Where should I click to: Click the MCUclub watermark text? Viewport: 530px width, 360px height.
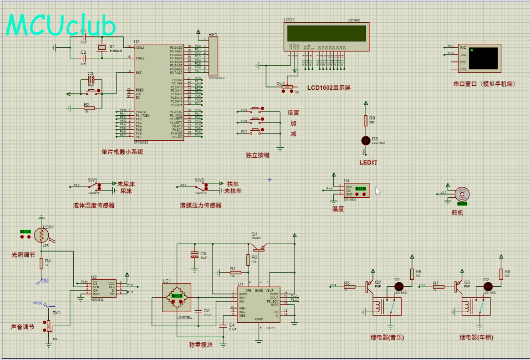(x=61, y=26)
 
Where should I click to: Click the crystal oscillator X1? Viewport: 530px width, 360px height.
(x=102, y=47)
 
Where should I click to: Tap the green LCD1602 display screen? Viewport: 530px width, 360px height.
(x=326, y=33)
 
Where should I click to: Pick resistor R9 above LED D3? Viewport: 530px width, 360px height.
(x=365, y=120)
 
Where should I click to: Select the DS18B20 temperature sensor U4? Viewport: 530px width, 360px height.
(x=357, y=190)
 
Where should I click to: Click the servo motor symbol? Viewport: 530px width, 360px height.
(x=462, y=194)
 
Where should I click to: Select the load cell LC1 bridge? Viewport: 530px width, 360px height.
(x=177, y=297)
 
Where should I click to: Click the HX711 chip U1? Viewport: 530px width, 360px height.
(x=258, y=304)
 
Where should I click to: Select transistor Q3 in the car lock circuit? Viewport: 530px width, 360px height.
(x=457, y=286)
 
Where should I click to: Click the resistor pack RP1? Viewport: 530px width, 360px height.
(x=213, y=57)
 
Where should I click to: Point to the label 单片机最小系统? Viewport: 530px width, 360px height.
(x=122, y=152)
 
